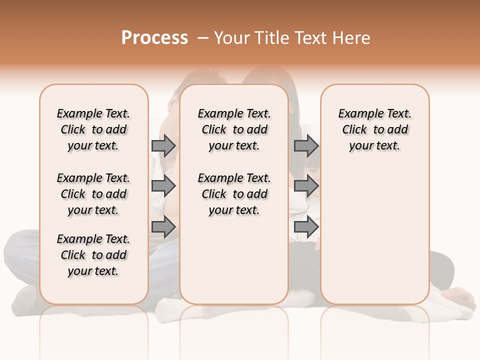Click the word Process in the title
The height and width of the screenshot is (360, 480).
pyautogui.click(x=154, y=38)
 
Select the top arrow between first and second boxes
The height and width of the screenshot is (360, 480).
pyautogui.click(x=163, y=145)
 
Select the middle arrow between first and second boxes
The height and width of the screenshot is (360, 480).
pyautogui.click(x=163, y=186)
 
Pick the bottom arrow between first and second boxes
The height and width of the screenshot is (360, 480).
pyautogui.click(x=163, y=227)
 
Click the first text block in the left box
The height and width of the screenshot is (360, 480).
pyautogui.click(x=93, y=129)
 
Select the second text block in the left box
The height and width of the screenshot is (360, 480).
pyautogui.click(x=93, y=194)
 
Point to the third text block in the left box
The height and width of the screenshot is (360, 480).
pyautogui.click(x=93, y=255)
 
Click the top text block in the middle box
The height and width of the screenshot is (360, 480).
pyautogui.click(x=234, y=129)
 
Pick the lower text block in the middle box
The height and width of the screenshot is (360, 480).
pyautogui.click(x=234, y=194)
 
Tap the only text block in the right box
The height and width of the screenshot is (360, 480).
pyautogui.click(x=375, y=129)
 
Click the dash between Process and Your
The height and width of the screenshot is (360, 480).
pyautogui.click(x=203, y=38)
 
